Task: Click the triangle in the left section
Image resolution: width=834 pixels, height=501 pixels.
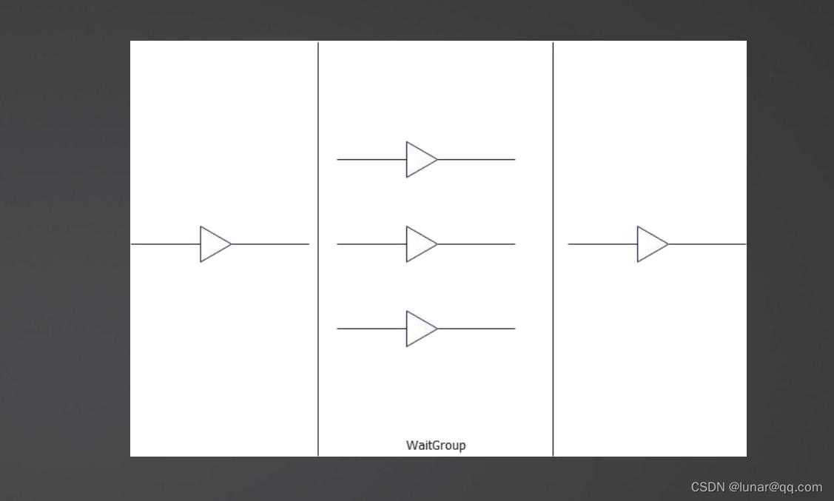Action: (214, 244)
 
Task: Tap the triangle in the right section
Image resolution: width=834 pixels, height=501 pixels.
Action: (651, 244)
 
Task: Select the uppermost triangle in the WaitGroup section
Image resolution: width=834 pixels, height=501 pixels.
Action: (420, 159)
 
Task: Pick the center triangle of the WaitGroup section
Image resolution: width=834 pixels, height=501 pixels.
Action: (420, 244)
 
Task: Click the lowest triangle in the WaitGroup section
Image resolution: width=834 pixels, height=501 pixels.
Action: (420, 329)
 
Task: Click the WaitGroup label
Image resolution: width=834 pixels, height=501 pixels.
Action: (436, 445)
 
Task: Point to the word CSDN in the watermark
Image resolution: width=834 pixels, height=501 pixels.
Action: (707, 487)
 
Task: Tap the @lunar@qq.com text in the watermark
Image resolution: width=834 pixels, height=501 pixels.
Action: (776, 487)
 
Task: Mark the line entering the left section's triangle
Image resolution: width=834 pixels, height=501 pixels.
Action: (165, 244)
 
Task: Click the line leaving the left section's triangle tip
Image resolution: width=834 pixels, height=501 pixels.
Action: (270, 244)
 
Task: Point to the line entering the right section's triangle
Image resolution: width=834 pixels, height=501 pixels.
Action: (602, 244)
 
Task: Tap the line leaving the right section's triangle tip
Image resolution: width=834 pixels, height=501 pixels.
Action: (707, 244)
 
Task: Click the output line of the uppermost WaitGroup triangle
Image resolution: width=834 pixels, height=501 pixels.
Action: (477, 159)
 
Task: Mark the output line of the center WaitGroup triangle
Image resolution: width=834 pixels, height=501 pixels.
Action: (477, 244)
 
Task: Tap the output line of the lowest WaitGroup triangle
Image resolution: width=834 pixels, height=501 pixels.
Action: (477, 329)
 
